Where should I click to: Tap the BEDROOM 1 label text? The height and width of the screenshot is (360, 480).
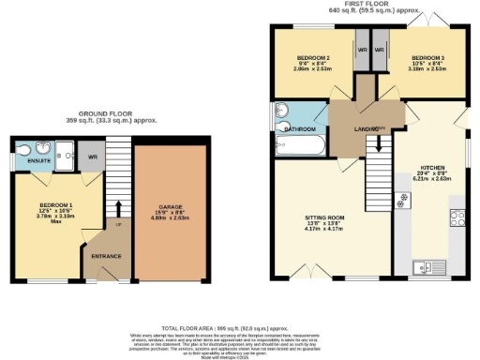pos(55,204)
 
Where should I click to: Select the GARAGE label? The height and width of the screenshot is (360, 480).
pos(170,206)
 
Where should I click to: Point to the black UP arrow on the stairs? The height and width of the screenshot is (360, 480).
pos(119,211)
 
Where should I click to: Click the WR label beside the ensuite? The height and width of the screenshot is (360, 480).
pos(90,155)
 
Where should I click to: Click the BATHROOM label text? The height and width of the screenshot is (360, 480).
pos(298,128)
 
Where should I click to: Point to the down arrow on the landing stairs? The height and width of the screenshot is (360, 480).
pos(378,143)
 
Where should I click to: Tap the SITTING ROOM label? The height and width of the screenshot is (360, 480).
pos(324,217)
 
